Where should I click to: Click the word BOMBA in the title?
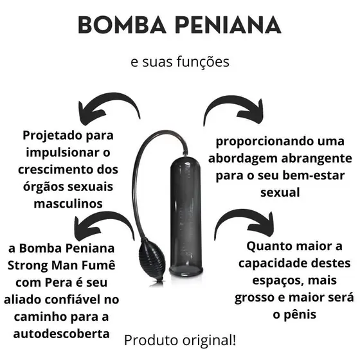point(122,25)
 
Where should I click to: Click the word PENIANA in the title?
point(228,25)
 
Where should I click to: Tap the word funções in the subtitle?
point(203,62)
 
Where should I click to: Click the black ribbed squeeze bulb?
point(152,260)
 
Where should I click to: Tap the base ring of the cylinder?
point(186,271)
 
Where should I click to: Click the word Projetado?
point(52,136)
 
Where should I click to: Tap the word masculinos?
point(68,204)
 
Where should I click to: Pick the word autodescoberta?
point(61,334)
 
